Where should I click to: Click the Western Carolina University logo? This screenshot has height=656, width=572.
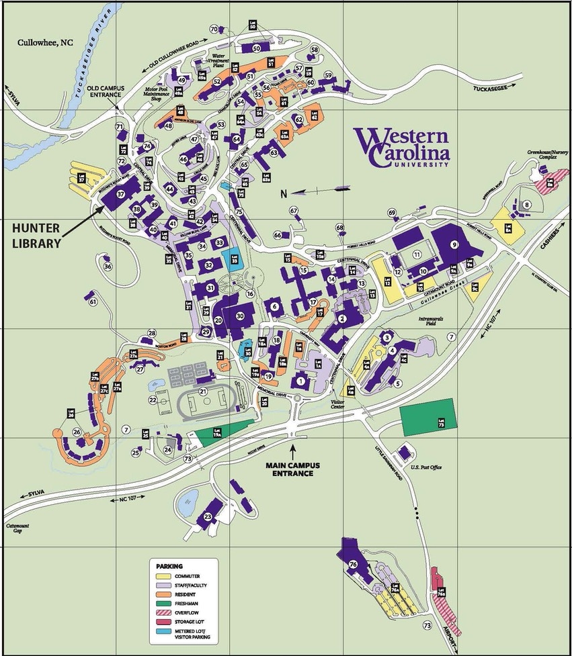(x=402, y=148)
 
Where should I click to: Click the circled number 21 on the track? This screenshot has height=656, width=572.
(x=202, y=391)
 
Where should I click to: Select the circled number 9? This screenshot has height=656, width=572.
(x=454, y=245)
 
